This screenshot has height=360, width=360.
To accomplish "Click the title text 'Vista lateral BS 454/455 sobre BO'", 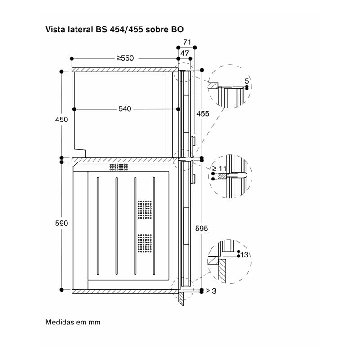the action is tap(114, 30).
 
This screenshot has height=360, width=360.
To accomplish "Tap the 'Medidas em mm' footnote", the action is tap(73, 322).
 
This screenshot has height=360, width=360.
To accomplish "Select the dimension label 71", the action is tap(187, 42).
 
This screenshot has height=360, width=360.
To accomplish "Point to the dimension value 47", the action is tap(184, 53).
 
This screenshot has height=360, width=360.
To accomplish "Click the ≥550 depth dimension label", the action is tap(125, 58).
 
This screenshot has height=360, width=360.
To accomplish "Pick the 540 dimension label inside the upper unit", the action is tap(125, 108).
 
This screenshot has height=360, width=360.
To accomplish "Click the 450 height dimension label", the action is tap(62, 120).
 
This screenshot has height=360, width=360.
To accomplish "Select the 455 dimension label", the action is tap(203, 114).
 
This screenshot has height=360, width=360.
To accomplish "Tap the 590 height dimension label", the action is tap(62, 223).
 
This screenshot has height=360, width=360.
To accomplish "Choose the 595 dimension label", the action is tap(202, 229).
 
